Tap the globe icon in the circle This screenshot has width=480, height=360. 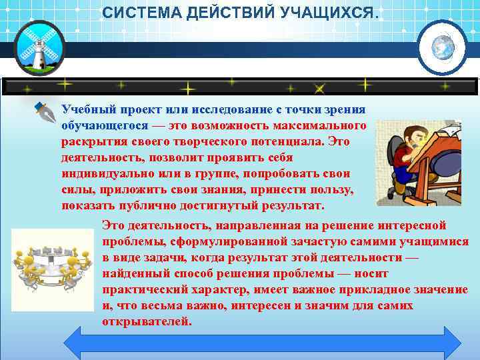pyautogui.click(x=442, y=48)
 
